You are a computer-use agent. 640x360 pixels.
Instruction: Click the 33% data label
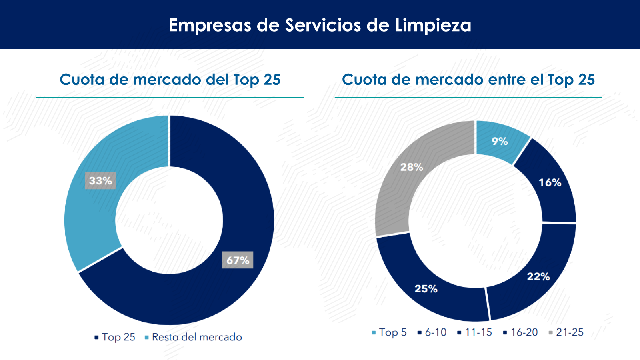pyautogui.click(x=100, y=181)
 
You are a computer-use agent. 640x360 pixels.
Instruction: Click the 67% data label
pyautogui.click(x=238, y=260)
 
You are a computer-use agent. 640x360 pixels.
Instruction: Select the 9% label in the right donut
pyautogui.click(x=500, y=141)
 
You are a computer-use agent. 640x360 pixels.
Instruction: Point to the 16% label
pyautogui.click(x=550, y=183)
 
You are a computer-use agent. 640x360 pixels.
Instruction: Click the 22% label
pyautogui.click(x=538, y=276)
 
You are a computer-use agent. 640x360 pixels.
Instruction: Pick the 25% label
pyautogui.click(x=426, y=289)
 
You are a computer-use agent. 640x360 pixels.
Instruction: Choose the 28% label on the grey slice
pyautogui.click(x=412, y=167)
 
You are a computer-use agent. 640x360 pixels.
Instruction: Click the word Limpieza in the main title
pyautogui.click(x=433, y=25)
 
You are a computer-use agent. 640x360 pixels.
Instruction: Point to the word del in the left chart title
pyautogui.click(x=218, y=80)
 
